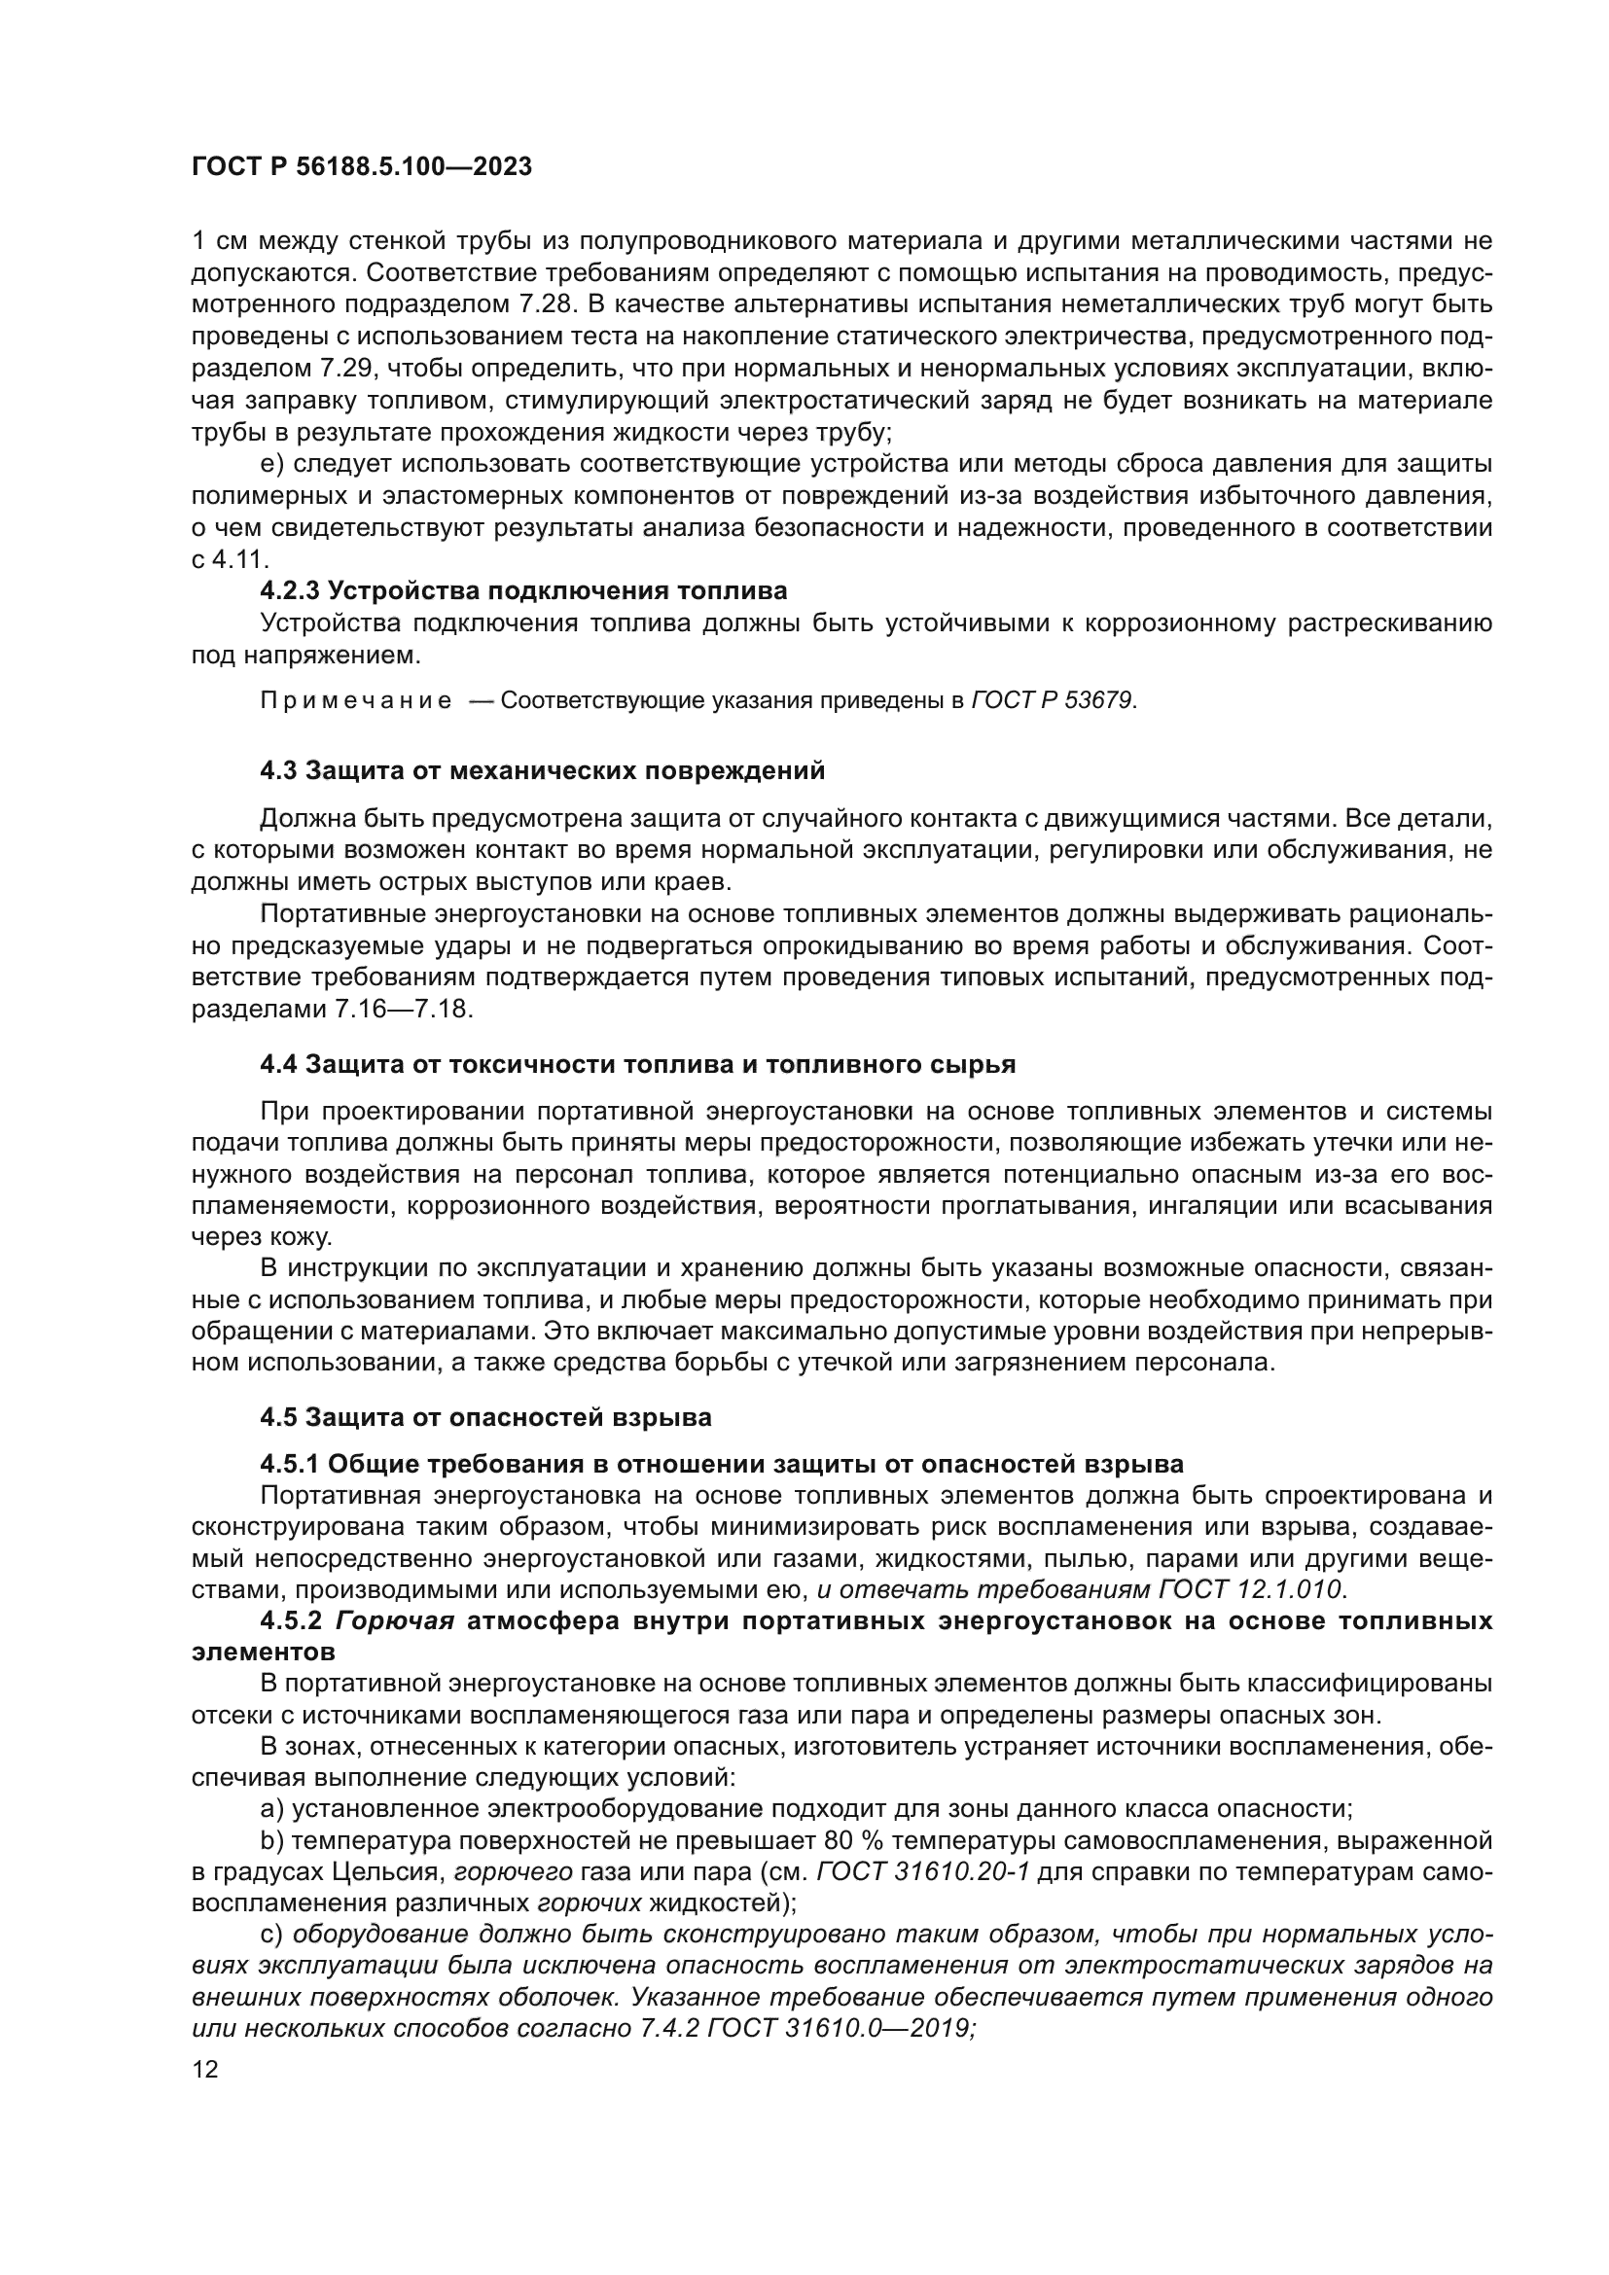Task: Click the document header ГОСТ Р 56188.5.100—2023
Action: tap(362, 166)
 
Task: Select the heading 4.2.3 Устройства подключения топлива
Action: tap(523, 591)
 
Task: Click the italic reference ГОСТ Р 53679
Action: tap(1053, 701)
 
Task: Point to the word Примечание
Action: tap(356, 701)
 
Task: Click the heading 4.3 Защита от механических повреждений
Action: tap(542, 770)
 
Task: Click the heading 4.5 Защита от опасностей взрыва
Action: tap(485, 1417)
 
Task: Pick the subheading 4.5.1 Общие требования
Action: tap(721, 1464)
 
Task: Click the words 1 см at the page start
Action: tap(213, 241)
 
